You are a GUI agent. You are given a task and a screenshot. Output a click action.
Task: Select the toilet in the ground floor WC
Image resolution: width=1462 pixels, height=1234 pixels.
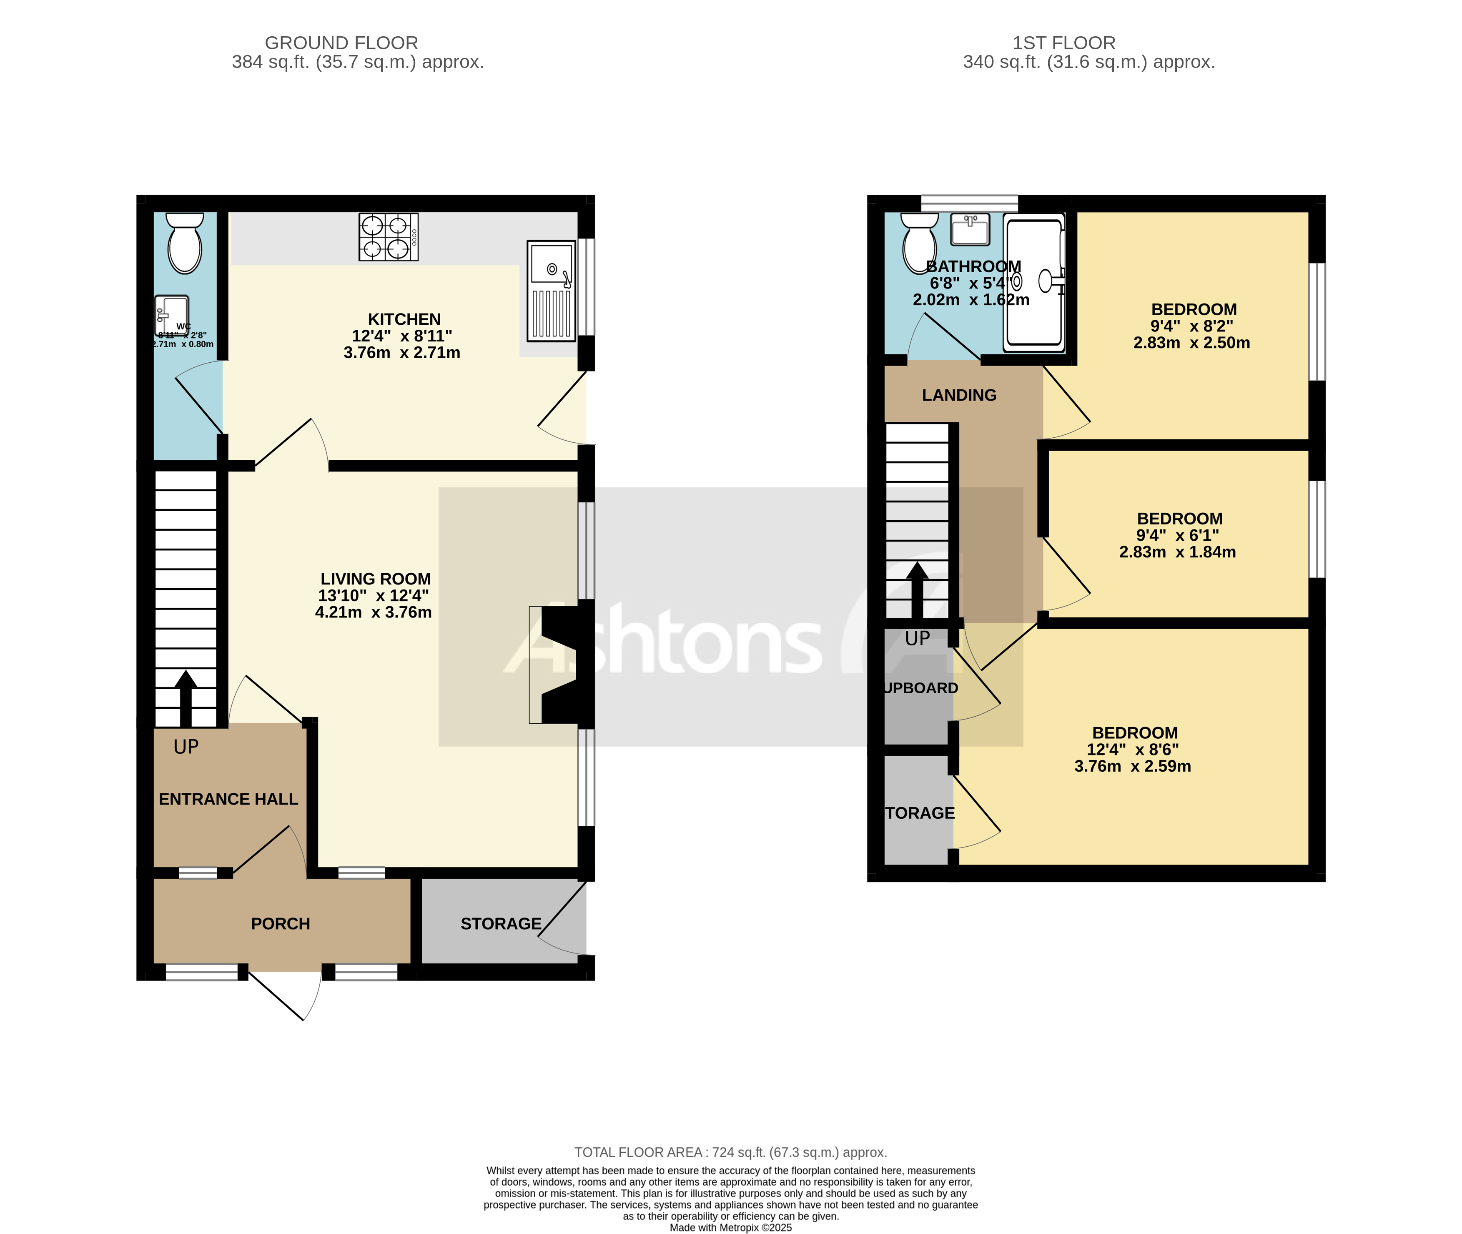pyautogui.click(x=185, y=243)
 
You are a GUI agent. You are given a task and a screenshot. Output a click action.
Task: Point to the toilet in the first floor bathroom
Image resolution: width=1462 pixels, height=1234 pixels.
pyautogui.click(x=919, y=243)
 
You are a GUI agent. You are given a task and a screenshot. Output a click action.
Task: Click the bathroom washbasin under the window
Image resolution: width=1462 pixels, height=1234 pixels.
pyautogui.click(x=970, y=229)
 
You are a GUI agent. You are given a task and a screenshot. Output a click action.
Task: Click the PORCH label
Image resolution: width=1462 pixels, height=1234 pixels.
pyautogui.click(x=281, y=923)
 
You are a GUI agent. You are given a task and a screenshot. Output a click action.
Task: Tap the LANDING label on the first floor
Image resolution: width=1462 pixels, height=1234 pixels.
pyautogui.click(x=959, y=395)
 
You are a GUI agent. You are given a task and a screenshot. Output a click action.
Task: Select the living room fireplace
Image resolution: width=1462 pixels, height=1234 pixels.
pyautogui.click(x=559, y=665)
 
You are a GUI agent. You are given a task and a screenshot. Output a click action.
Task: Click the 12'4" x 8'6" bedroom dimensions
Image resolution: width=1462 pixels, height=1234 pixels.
pyautogui.click(x=1133, y=750)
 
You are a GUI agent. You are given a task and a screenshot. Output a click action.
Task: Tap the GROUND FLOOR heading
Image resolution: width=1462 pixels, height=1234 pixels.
pyautogui.click(x=341, y=43)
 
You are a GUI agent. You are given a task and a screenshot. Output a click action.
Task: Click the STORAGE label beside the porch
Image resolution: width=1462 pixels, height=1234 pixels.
pyautogui.click(x=501, y=923)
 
